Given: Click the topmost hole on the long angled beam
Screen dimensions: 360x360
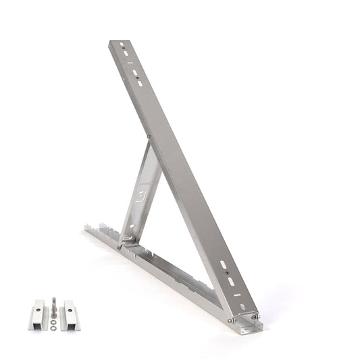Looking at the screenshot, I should (122, 46).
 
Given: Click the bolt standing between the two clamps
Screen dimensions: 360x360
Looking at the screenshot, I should (53, 308).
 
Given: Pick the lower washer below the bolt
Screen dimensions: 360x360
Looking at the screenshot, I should (53, 328).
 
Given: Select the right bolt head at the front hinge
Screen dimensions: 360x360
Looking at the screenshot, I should (255, 316).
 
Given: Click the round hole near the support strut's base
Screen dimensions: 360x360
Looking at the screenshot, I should (131, 226).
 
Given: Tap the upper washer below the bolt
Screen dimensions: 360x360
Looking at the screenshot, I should (53, 322).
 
